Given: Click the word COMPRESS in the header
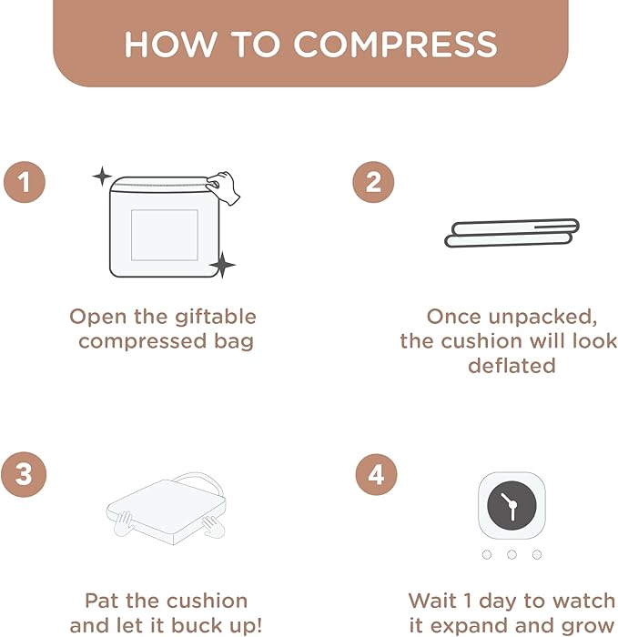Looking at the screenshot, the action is [x=395, y=44].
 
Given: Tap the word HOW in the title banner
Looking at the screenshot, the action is [x=170, y=44].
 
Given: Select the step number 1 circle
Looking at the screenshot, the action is [x=25, y=182].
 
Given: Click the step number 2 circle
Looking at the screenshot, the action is [x=373, y=182].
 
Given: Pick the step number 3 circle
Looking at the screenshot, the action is [x=24, y=474].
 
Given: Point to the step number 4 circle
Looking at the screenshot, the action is [x=376, y=474].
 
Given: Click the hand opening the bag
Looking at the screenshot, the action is [x=223, y=187].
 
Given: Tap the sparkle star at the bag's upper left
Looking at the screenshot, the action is [x=102, y=177].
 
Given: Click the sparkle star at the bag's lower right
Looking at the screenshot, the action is [x=222, y=265].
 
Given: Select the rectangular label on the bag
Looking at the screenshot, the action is [x=165, y=235].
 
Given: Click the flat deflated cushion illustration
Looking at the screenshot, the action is [x=512, y=233].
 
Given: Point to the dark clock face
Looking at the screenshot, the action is [x=512, y=505].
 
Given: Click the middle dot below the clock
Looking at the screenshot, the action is [x=512, y=554].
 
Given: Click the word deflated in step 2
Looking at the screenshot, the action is [x=512, y=365].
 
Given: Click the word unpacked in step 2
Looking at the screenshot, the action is [x=542, y=318].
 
